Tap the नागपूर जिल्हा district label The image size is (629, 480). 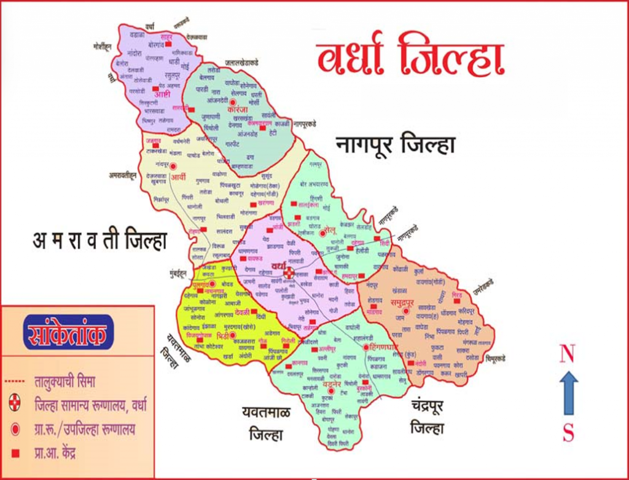click(396, 146)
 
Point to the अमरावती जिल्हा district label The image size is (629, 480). click(100, 240)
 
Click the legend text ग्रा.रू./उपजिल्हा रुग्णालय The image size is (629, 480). click(85, 429)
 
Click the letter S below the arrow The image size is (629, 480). click(568, 434)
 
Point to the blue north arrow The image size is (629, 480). click(568, 393)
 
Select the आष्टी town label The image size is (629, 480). click(162, 94)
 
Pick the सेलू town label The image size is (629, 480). click(335, 231)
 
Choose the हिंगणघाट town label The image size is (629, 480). click(381, 347)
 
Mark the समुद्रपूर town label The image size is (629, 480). click(404, 301)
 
